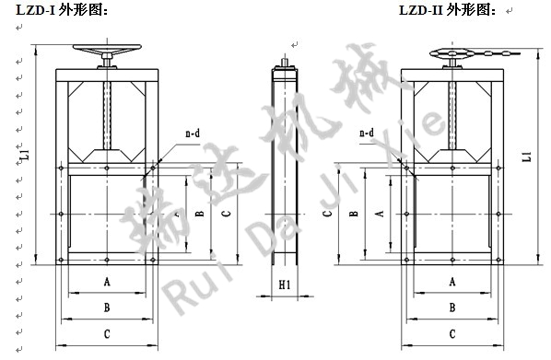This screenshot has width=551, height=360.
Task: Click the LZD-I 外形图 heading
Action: coord(62,10)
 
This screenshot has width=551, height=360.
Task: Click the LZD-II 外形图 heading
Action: coord(448,10)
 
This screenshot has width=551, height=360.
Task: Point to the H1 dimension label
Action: coord(285,285)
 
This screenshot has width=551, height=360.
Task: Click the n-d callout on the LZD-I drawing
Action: coord(193,134)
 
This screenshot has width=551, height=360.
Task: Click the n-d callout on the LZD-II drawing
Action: coord(367,133)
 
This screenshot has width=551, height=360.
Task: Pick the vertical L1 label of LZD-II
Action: coord(526,156)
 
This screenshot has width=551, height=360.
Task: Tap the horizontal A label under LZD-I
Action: coord(107,282)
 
